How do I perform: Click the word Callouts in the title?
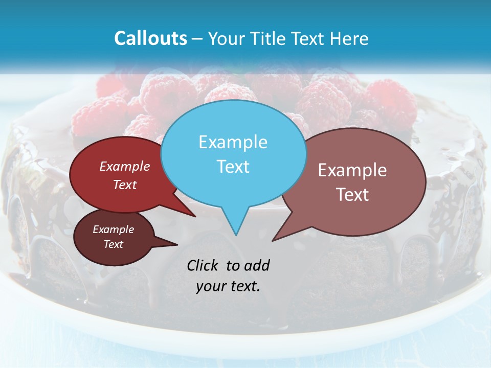[x=150, y=39]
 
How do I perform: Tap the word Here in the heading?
[x=348, y=39]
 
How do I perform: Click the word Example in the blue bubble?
[x=233, y=142]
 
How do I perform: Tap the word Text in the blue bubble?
[x=233, y=167]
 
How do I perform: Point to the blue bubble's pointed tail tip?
[x=235, y=235]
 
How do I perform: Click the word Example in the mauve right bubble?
[x=352, y=170]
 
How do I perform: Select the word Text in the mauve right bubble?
[x=352, y=195]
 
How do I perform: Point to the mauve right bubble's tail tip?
[x=273, y=240]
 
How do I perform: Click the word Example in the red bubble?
[x=125, y=167]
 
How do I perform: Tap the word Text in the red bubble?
[x=125, y=185]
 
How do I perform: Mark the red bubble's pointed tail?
[x=194, y=216]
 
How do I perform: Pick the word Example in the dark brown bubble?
[x=113, y=229]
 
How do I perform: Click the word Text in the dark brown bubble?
[x=113, y=244]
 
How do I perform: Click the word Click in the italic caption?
[x=204, y=265]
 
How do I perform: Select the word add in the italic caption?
[x=257, y=265]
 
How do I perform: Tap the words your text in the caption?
[x=228, y=286]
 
